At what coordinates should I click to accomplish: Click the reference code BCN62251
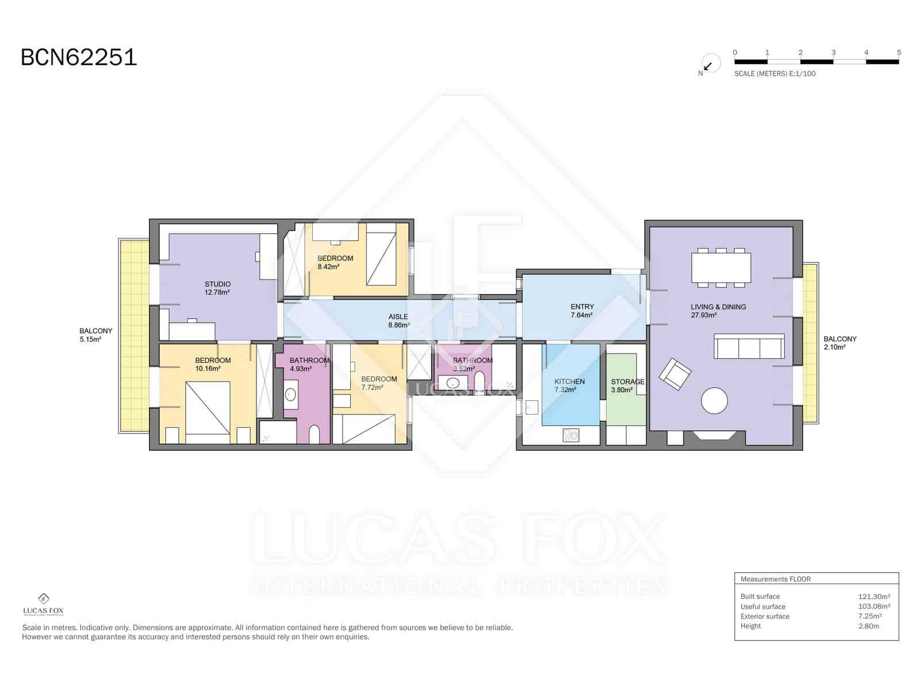click(79, 57)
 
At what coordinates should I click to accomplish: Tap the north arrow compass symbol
click(710, 64)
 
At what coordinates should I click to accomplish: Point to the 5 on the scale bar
click(899, 52)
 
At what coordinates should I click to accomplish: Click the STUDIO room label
click(217, 284)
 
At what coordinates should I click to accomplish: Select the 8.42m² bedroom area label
click(328, 266)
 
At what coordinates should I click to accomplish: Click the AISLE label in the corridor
click(398, 317)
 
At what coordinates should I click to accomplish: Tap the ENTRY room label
click(582, 306)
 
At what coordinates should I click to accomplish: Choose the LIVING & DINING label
click(718, 306)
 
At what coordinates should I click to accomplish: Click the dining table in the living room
click(721, 268)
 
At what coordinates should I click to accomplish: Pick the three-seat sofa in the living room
click(749, 346)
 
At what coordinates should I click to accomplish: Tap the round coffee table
click(714, 401)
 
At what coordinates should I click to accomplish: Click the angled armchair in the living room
click(675, 374)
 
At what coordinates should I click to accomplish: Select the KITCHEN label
click(569, 382)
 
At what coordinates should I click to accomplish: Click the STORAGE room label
click(627, 382)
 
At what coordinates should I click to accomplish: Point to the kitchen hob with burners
click(570, 435)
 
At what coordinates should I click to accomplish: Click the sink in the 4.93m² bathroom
click(290, 394)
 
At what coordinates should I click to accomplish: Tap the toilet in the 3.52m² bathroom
click(479, 382)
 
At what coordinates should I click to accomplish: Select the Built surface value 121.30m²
click(874, 597)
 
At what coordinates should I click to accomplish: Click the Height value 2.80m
click(868, 626)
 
